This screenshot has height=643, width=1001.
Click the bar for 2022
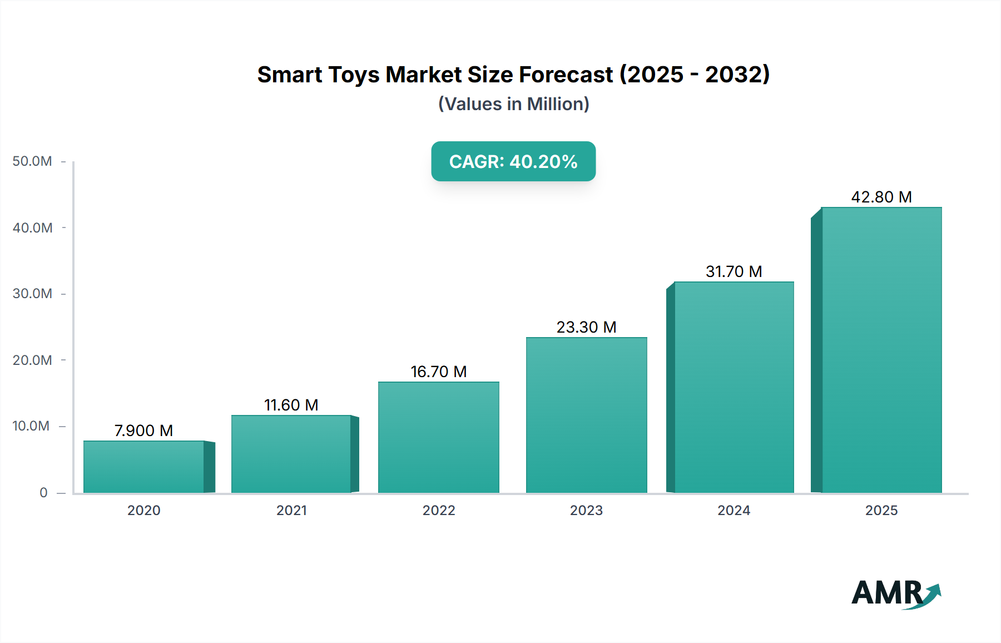click(x=438, y=437)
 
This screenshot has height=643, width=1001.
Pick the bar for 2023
click(x=586, y=415)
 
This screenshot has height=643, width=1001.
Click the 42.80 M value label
click(x=881, y=197)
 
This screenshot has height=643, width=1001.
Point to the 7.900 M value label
click(x=143, y=431)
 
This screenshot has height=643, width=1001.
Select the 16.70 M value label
click(x=438, y=372)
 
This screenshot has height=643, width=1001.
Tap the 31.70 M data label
click(x=734, y=271)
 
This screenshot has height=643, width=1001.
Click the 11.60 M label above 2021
click(x=291, y=405)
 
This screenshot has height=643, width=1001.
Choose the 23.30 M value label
click(x=586, y=327)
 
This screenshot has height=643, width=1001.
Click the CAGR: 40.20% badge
click(x=513, y=161)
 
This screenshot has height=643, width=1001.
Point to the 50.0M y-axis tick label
click(x=32, y=161)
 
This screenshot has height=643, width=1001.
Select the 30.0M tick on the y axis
click(x=32, y=294)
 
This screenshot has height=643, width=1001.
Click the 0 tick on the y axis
click(x=43, y=493)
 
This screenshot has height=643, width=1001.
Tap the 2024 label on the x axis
click(x=734, y=511)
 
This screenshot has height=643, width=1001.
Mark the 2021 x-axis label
click(x=291, y=511)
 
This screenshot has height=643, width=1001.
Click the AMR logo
click(x=895, y=593)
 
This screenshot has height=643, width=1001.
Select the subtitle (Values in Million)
click(x=513, y=104)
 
